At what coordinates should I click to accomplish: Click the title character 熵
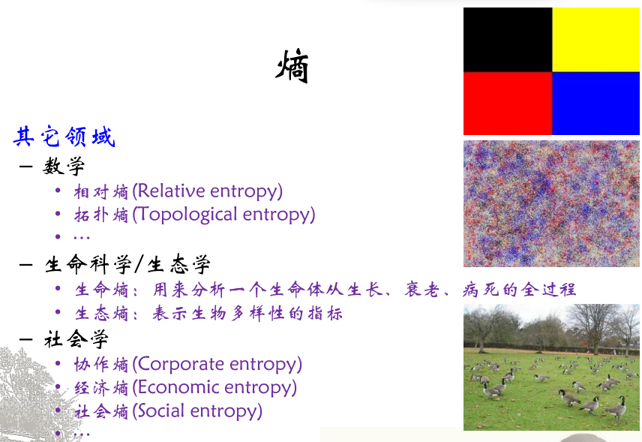pyautogui.click(x=292, y=68)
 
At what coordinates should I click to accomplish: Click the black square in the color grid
pyautogui.click(x=508, y=40)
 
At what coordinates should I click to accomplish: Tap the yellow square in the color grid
pyautogui.click(x=595, y=40)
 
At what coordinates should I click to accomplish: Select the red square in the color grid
pyautogui.click(x=508, y=104)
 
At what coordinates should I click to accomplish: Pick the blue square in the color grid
pyautogui.click(x=595, y=104)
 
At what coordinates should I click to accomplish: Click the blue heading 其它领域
pyautogui.click(x=64, y=137)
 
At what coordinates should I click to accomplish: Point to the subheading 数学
pyautogui.click(x=64, y=165)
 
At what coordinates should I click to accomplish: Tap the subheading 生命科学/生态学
pyautogui.click(x=127, y=264)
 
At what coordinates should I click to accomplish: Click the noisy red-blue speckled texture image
pyautogui.click(x=551, y=203)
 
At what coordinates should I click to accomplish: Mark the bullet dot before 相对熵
pyautogui.click(x=58, y=191)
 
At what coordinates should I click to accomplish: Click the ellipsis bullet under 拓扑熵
pyautogui.click(x=81, y=237)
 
